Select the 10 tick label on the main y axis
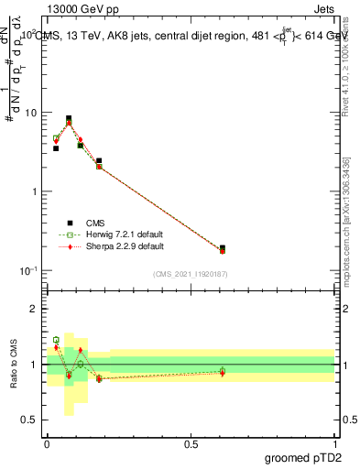click(x=30, y=113)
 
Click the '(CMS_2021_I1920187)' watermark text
click(x=191, y=273)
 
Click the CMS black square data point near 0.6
click(x=223, y=247)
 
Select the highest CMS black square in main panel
click(x=69, y=118)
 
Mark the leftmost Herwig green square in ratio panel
click(x=56, y=340)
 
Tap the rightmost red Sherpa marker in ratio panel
click(x=223, y=373)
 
